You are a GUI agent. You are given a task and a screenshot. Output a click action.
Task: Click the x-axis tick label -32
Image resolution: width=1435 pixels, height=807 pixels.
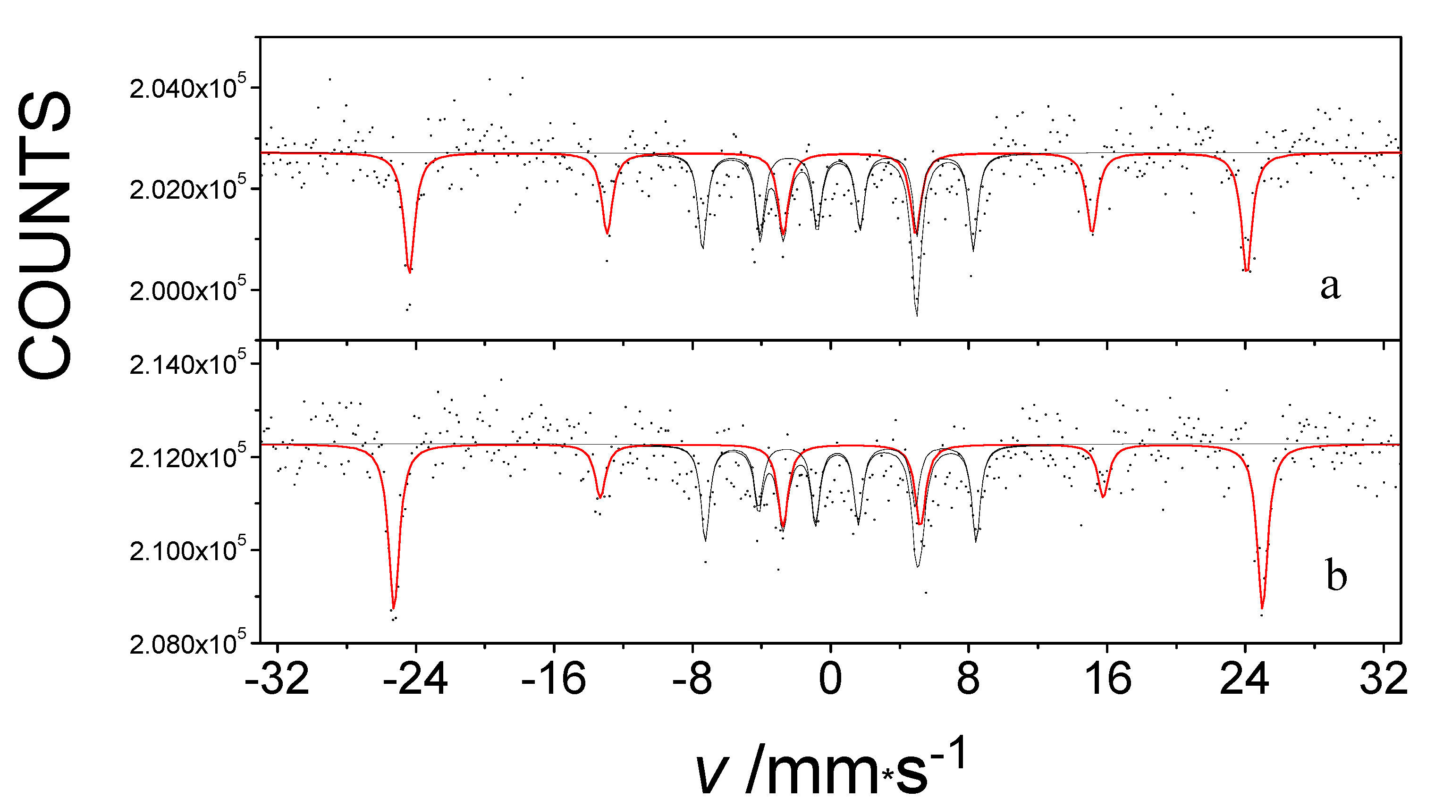(x=277, y=680)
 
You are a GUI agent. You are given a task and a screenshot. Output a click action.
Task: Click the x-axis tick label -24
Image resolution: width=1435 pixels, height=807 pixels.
(x=415, y=680)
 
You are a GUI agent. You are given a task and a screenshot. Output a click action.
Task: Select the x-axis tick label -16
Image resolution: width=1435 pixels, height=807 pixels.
(x=554, y=680)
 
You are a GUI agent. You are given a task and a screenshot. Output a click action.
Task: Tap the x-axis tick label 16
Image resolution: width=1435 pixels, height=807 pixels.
(x=1108, y=680)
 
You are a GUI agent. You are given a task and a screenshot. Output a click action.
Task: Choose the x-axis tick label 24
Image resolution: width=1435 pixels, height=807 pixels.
(x=1244, y=680)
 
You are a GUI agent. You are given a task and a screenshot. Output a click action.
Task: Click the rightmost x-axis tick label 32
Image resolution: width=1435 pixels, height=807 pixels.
(x=1383, y=680)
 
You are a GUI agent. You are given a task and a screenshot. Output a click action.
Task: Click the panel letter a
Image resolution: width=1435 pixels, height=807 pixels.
(x=1330, y=287)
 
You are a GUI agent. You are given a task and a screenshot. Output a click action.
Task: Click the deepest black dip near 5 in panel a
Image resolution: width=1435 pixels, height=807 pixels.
(x=916, y=315)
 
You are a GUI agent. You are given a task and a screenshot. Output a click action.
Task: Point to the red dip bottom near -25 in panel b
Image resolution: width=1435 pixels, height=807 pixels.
(x=394, y=608)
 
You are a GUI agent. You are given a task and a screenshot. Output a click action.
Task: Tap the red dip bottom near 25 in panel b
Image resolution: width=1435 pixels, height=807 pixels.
(x=1262, y=608)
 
